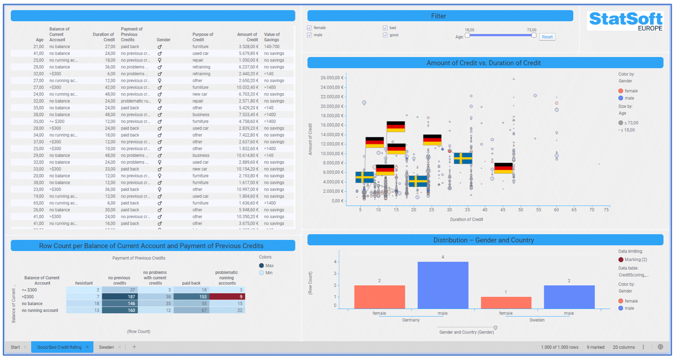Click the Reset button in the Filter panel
[547, 37]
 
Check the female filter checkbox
[309, 28]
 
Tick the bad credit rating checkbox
[385, 28]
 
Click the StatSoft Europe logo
[625, 21]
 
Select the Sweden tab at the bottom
[106, 347]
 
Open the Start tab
[15, 347]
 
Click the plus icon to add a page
[134, 347]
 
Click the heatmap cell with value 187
[120, 297]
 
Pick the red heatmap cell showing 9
[227, 297]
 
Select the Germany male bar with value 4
[443, 285]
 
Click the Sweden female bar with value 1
[506, 303]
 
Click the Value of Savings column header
[272, 37]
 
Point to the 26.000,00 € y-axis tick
[332, 78]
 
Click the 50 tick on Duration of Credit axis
[520, 210]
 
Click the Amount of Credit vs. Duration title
[484, 63]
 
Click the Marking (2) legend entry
[635, 260]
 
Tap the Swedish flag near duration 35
[463, 159]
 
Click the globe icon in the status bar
[660, 347]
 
